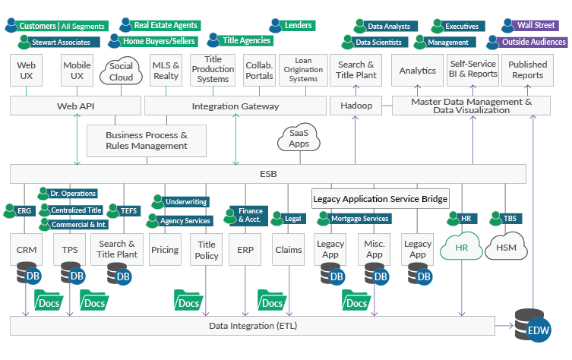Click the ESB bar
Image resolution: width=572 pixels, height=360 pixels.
267,174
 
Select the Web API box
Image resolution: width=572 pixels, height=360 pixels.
74,106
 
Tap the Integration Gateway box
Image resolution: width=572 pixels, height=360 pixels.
235,106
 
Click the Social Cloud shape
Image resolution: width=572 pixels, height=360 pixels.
121,71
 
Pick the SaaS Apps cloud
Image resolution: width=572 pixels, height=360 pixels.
299,138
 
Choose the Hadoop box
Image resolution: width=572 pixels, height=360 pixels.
356,106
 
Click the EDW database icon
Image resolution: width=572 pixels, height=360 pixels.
532,324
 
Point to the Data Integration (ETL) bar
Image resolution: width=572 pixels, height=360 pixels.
251,326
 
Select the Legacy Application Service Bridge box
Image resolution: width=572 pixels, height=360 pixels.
381,199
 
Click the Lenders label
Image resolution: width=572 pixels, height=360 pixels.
297,25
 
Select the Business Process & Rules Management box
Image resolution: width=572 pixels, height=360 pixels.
147,140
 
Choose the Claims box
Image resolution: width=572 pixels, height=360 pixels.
288,249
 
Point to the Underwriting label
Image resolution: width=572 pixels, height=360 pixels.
185,202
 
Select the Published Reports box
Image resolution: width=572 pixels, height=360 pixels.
527,70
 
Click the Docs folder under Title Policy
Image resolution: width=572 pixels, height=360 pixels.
187,301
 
